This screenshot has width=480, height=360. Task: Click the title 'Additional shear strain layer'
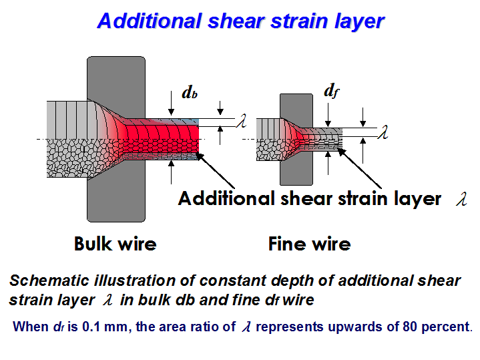[240, 21]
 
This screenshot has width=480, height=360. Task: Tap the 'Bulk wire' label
[115, 244]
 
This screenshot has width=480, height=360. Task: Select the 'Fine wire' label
[310, 244]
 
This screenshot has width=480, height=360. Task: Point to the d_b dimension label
[190, 93]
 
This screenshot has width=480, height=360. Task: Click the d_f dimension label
[332, 91]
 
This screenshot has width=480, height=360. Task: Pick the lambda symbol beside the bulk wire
[241, 120]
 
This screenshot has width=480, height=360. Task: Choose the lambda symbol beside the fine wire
[383, 132]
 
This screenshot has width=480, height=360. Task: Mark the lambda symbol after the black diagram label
[461, 199]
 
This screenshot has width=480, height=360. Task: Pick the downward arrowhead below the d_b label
[171, 112]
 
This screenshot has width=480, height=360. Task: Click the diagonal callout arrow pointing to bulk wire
[215, 170]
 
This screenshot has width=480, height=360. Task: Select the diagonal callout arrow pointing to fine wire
[359, 168]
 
